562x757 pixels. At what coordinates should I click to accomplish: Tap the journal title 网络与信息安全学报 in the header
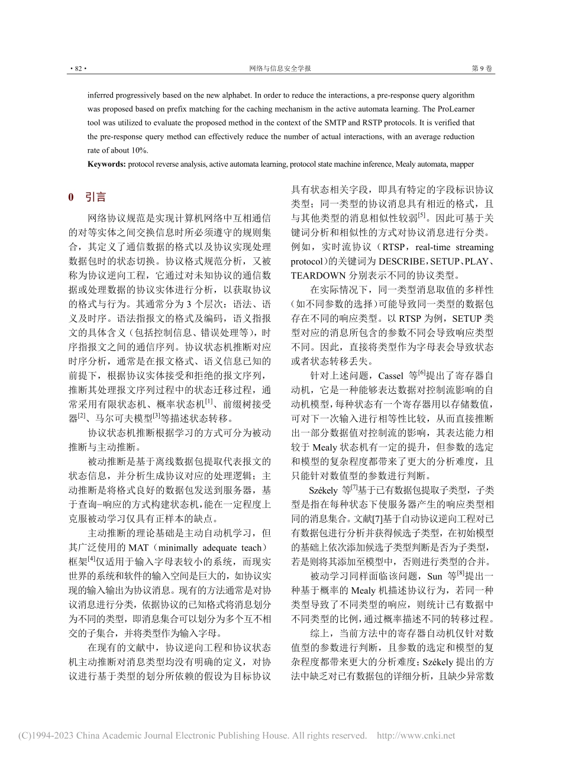point(280,69)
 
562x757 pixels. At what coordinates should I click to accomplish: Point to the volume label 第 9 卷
point(482,69)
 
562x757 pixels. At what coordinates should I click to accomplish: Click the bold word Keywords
point(106,164)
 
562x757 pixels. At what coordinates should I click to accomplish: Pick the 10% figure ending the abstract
point(138,150)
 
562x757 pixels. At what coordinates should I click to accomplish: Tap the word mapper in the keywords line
point(461,164)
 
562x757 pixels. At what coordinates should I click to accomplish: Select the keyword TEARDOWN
point(318,275)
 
